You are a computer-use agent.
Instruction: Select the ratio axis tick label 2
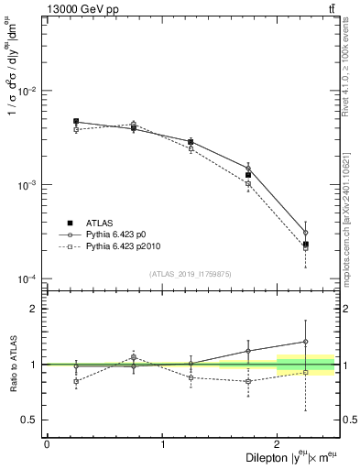click(x=35, y=309)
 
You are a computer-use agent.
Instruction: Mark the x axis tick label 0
click(x=46, y=444)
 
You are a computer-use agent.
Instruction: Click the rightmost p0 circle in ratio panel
click(x=306, y=342)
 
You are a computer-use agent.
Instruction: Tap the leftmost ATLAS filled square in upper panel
click(x=76, y=121)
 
